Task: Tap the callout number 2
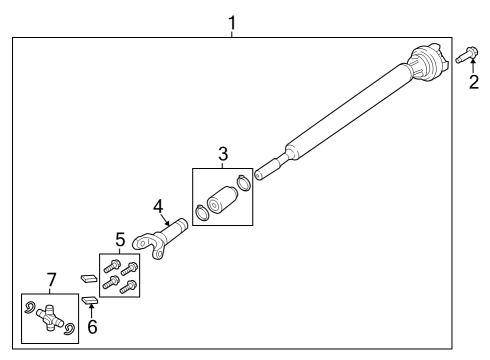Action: point(475,82)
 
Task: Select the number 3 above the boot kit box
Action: point(223,154)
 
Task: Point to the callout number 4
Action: point(158,206)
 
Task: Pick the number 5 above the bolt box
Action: point(119,240)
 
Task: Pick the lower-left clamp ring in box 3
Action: point(203,212)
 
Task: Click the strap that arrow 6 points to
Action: point(88,299)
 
